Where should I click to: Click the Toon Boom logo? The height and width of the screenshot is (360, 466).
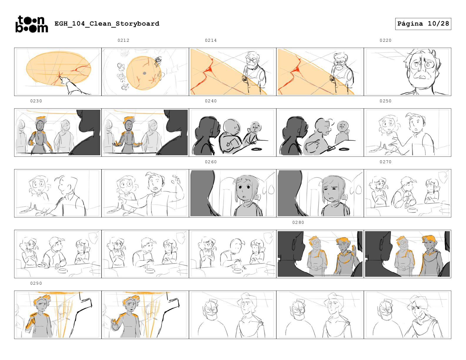(32, 24)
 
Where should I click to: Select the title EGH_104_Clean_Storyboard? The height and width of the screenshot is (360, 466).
(107, 24)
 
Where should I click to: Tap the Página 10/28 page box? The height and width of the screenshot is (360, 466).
(423, 24)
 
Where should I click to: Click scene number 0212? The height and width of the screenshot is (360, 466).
(123, 40)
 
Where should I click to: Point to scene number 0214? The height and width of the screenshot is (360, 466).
(211, 40)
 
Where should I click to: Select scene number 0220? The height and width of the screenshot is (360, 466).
(385, 40)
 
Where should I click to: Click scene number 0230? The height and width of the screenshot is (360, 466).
(36, 101)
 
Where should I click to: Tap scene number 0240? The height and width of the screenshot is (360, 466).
(211, 101)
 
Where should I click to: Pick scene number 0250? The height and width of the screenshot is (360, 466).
(385, 101)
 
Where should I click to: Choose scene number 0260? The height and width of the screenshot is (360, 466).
(211, 162)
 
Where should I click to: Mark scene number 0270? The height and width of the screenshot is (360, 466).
(385, 162)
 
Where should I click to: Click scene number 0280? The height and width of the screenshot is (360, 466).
(298, 223)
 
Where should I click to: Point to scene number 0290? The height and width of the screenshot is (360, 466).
(36, 283)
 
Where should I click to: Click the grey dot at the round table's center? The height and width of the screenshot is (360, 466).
(144, 73)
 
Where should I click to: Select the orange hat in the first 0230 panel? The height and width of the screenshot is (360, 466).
(41, 119)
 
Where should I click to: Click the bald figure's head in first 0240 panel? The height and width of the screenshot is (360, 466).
(232, 127)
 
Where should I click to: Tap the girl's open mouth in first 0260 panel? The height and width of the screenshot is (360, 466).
(243, 196)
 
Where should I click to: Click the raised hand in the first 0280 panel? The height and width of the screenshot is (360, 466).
(354, 249)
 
